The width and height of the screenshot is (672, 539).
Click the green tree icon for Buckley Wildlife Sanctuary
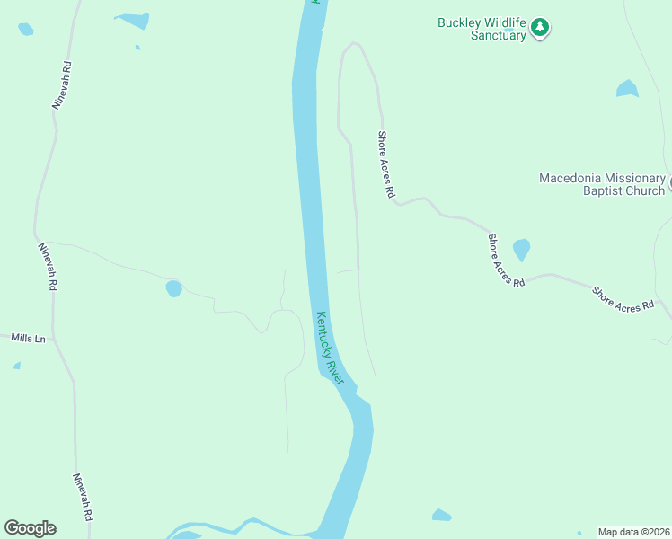(x=539, y=28)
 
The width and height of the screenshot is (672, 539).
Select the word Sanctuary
(x=495, y=36)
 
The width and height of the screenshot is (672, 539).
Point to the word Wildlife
(x=506, y=22)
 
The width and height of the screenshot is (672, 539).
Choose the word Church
(x=647, y=190)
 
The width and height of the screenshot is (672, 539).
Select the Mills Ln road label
(x=28, y=338)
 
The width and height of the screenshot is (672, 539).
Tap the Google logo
(x=30, y=528)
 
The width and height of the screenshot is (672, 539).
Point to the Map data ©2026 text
(x=632, y=532)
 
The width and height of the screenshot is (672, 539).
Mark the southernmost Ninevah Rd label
(x=84, y=498)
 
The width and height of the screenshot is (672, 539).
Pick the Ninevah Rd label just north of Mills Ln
(x=48, y=266)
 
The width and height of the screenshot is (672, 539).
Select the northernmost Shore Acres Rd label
(x=386, y=164)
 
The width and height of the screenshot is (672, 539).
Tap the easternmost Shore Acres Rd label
(x=623, y=299)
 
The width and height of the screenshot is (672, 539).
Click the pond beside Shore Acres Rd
(x=521, y=249)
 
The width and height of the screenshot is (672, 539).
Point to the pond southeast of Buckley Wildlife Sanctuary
(x=627, y=89)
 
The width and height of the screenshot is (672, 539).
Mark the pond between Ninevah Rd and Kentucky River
(x=173, y=288)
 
